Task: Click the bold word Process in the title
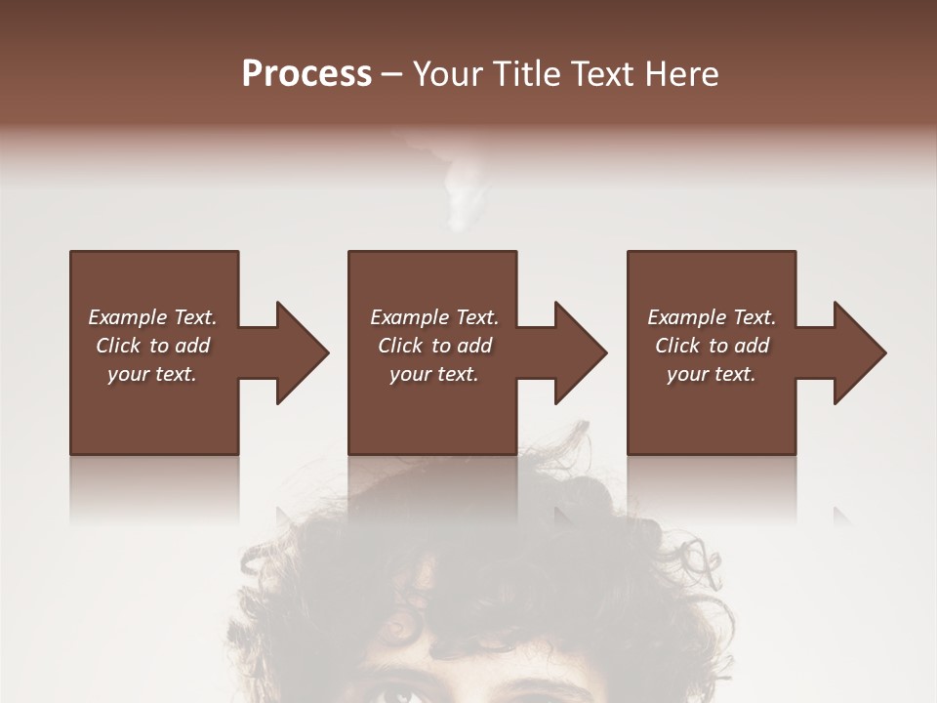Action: pyautogui.click(x=306, y=74)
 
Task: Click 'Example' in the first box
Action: pyautogui.click(x=127, y=317)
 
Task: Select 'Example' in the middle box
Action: pyautogui.click(x=409, y=317)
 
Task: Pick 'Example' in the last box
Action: pyautogui.click(x=686, y=317)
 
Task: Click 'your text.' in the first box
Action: pyautogui.click(x=152, y=374)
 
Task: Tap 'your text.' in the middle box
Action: pyautogui.click(x=434, y=374)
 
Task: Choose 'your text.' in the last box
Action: pyautogui.click(x=712, y=374)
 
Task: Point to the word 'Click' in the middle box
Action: pyautogui.click(x=400, y=346)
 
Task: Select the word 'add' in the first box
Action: pyautogui.click(x=191, y=346)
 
